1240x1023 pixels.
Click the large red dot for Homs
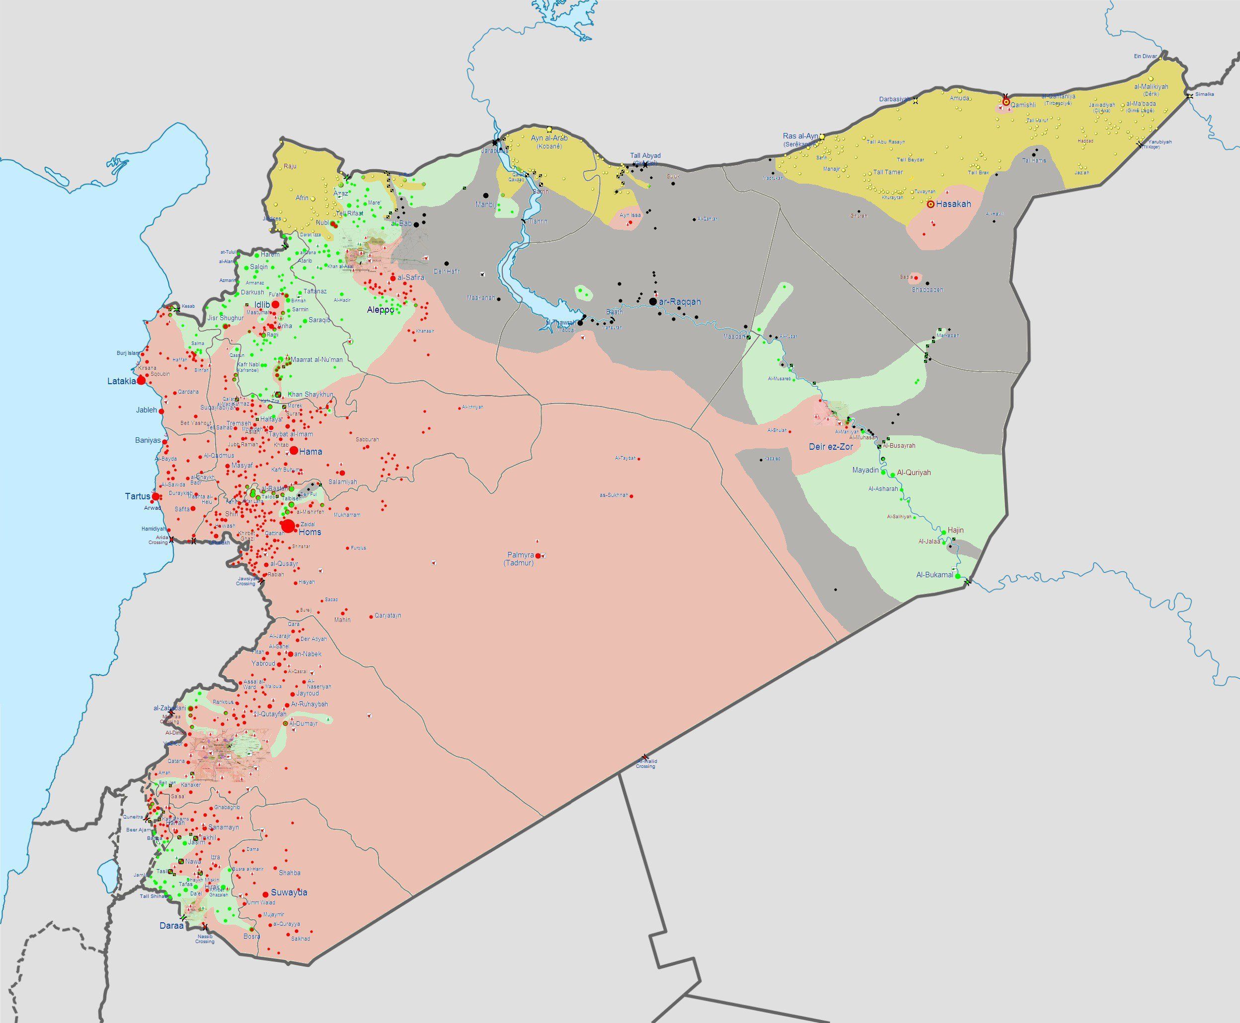click(288, 526)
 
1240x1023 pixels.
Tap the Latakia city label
click(121, 381)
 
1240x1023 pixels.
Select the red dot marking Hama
click(294, 451)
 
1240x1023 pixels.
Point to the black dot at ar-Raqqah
click(653, 302)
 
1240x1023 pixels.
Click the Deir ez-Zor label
click(830, 447)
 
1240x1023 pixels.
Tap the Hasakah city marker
click(930, 205)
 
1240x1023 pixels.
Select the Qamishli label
click(1023, 106)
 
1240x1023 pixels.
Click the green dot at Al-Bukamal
click(957, 576)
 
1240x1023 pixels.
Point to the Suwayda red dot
click(265, 893)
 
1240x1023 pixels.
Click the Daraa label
click(171, 926)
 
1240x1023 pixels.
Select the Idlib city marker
click(275, 304)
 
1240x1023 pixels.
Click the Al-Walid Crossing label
click(646, 764)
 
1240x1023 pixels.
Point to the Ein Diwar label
click(1145, 57)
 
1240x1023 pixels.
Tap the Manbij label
click(485, 205)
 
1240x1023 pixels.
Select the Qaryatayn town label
click(388, 615)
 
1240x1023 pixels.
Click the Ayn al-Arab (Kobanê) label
click(548, 141)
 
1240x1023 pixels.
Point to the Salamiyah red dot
click(342, 473)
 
